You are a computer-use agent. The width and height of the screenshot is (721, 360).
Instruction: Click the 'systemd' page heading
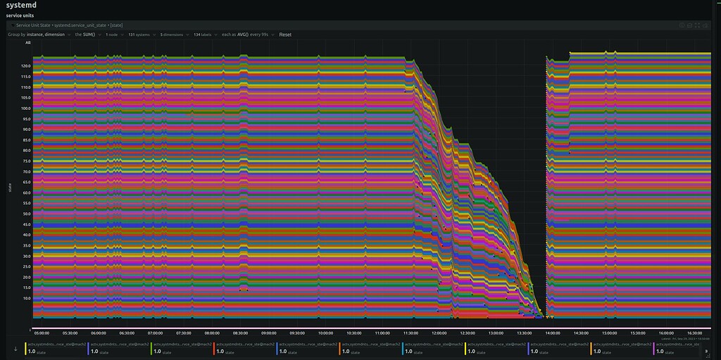[20, 5]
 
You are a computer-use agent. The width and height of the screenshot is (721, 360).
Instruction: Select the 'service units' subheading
[20, 15]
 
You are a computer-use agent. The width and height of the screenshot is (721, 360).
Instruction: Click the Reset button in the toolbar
[285, 35]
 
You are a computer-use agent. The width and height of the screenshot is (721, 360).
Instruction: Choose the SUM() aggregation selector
[92, 35]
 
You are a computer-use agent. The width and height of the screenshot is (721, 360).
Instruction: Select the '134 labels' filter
[205, 35]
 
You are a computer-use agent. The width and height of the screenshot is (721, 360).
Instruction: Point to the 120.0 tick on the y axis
[25, 66]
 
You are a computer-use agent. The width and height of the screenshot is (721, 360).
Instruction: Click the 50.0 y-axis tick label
[25, 213]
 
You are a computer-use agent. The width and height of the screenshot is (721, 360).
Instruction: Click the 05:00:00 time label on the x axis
[42, 333]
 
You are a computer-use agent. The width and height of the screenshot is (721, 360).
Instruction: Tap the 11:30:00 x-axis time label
[410, 333]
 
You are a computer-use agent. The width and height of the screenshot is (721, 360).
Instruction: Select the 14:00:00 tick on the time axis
[553, 333]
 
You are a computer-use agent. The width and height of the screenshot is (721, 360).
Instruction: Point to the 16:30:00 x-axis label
[695, 333]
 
